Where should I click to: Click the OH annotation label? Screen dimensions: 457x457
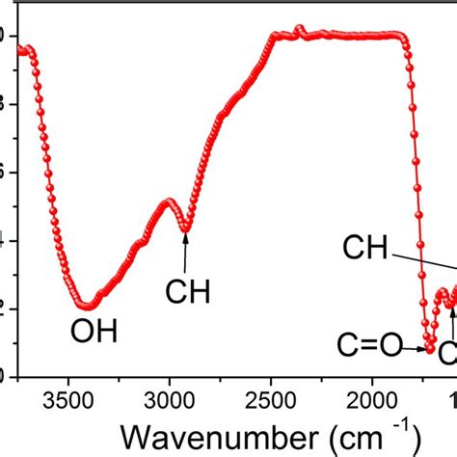pos(94,334)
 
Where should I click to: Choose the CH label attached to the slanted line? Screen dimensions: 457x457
pos(364,251)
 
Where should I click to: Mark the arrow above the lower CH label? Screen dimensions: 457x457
pos(185,252)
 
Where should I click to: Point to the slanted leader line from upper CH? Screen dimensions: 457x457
pos(424,263)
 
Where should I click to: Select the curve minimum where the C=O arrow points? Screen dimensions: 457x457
pos(430,349)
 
